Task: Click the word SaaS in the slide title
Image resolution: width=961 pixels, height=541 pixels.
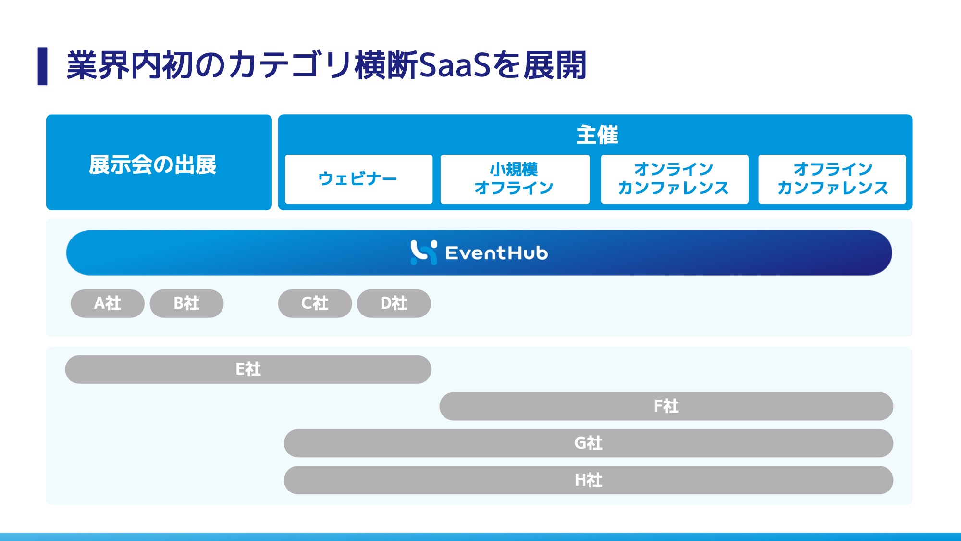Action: click(455, 65)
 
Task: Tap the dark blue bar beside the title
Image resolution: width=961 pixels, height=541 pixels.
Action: click(43, 66)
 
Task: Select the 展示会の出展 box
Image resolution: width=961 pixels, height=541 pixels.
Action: click(159, 163)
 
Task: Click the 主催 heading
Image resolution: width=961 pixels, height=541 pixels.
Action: click(597, 135)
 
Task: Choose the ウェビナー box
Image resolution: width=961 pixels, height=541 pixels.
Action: click(358, 179)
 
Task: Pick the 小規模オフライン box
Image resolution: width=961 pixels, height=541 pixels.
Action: click(515, 179)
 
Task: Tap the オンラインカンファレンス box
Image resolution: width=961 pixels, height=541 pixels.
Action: click(675, 179)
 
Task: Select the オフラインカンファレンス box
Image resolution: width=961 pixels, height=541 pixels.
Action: click(832, 179)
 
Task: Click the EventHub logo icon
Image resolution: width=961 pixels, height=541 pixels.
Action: click(423, 252)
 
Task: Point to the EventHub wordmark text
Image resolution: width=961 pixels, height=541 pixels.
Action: click(496, 253)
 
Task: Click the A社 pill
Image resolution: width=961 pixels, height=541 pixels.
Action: click(108, 303)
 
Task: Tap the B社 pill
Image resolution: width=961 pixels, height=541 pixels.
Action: click(186, 303)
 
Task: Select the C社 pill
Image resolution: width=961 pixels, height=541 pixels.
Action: click(315, 303)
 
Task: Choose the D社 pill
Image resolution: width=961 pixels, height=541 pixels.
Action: click(394, 303)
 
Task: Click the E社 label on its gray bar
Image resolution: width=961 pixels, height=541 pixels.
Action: click(248, 369)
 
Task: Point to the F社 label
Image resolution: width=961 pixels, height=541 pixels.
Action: click(666, 406)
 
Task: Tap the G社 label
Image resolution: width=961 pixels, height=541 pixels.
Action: click(589, 443)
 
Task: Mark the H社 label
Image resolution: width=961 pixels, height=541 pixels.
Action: click(589, 480)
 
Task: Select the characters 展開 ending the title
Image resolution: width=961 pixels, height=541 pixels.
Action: click(555, 65)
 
